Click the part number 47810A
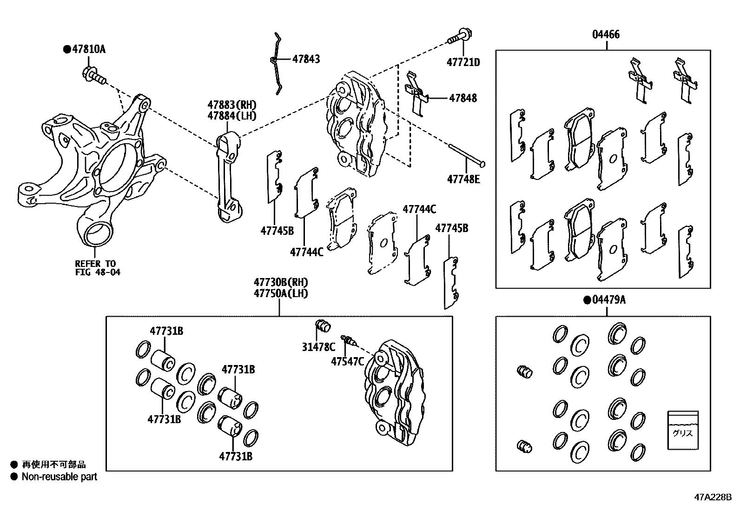point(89,49)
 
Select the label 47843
point(306,59)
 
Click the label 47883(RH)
point(232,105)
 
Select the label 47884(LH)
point(232,116)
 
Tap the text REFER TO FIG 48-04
point(98,268)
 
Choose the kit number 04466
point(606,34)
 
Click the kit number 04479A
point(609,300)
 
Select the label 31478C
point(318,346)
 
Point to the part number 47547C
point(347,361)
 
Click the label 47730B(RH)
point(281,282)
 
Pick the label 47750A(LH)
point(281,293)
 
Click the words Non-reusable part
point(59,477)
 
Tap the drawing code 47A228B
point(713,497)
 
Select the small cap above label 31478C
point(323,326)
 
